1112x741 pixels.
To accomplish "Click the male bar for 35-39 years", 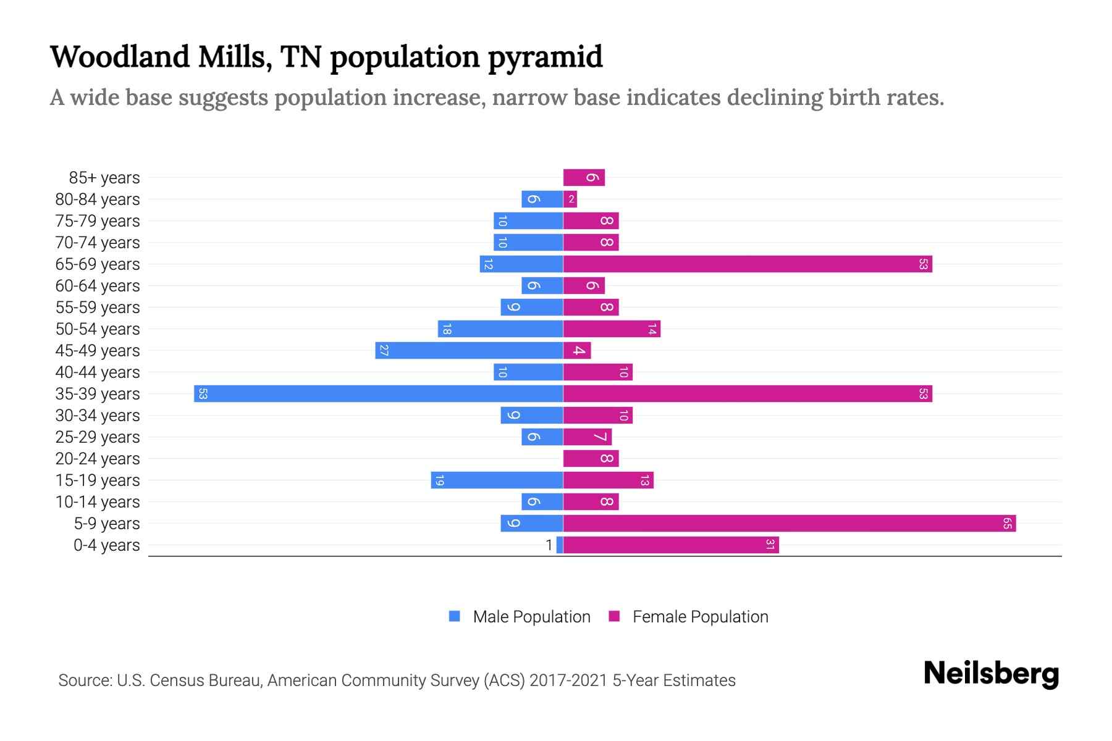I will point(378,394).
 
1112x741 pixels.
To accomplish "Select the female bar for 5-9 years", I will point(790,524).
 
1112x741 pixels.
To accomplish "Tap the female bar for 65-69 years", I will point(748,264).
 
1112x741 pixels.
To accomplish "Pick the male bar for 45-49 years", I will point(469,351).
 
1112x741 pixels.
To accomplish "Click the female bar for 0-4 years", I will point(671,545).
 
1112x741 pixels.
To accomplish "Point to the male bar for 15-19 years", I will point(497,480).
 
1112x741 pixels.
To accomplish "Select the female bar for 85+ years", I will point(584,178).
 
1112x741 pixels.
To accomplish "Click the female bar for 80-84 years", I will point(570,199).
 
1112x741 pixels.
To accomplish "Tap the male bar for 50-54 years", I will point(500,329).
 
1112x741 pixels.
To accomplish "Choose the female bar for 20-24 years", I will point(591,459).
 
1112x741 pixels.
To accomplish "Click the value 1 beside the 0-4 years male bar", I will point(549,545).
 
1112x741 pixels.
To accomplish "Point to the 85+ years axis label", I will point(104,178).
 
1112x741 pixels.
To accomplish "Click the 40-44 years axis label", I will point(98,372).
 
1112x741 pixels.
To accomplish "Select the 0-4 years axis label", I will point(106,545).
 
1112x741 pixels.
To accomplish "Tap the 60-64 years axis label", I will point(98,286).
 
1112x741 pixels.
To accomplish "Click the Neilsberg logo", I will point(991,674).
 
